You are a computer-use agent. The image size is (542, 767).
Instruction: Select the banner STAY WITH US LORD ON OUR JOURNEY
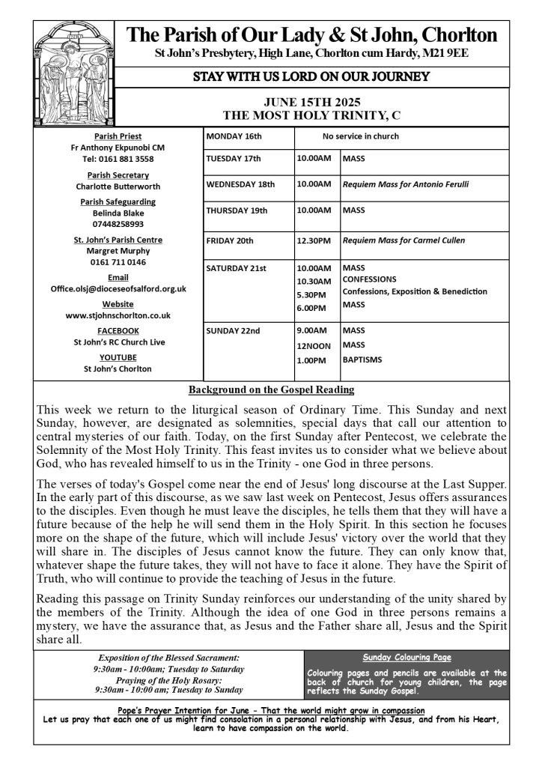click(311, 76)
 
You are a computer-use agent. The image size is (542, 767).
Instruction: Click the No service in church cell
click(360, 136)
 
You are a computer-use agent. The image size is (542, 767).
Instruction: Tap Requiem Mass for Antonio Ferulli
click(405, 184)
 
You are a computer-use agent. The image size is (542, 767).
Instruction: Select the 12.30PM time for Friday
click(314, 240)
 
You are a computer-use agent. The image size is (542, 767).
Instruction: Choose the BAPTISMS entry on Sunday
click(362, 360)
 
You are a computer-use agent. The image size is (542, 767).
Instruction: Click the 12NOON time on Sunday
click(312, 345)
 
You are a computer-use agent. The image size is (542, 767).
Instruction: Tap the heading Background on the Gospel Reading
click(271, 390)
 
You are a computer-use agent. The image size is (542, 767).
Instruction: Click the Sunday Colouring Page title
click(406, 657)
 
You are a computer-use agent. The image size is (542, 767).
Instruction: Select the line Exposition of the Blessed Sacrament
click(168, 657)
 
